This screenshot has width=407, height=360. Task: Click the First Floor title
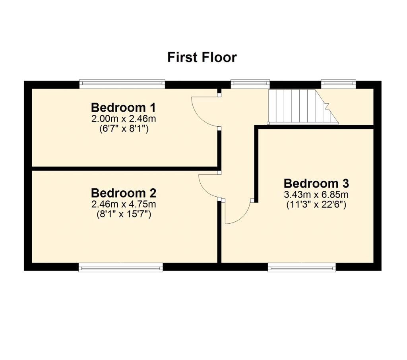(x=202, y=57)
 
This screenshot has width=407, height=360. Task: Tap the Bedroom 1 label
(x=123, y=107)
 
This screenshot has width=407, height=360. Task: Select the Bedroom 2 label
(x=123, y=193)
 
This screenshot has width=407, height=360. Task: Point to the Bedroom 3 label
(x=316, y=184)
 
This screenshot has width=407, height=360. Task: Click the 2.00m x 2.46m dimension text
(x=123, y=119)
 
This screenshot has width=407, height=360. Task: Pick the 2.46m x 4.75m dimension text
(x=123, y=205)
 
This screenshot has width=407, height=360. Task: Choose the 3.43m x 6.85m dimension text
(x=316, y=195)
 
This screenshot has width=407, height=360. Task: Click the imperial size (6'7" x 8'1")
(x=123, y=129)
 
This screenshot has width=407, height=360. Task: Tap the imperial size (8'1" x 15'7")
(x=123, y=215)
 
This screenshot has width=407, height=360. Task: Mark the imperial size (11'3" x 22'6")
(x=316, y=205)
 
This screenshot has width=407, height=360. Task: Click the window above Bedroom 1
(x=122, y=83)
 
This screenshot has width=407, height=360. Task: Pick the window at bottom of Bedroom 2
(x=121, y=267)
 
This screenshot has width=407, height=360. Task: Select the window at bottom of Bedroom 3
(x=302, y=267)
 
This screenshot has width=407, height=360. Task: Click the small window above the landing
(x=250, y=83)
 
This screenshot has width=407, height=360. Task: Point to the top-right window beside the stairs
(x=338, y=83)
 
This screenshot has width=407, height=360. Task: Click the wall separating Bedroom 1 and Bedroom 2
(x=123, y=168)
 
